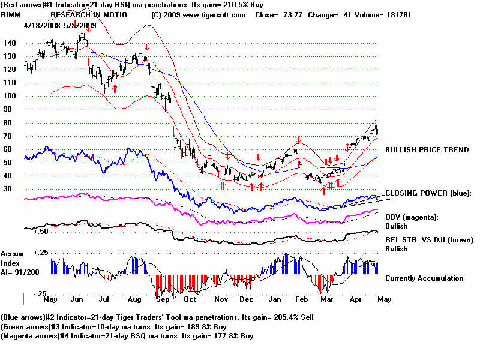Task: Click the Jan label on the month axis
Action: click(x=275, y=298)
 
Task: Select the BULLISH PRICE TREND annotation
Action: click(x=427, y=150)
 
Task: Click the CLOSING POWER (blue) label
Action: click(x=428, y=193)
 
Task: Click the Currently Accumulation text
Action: click(x=424, y=278)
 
